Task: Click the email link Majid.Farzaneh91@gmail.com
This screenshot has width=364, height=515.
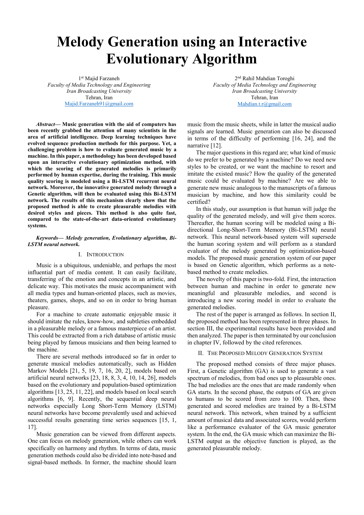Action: (x=99, y=104)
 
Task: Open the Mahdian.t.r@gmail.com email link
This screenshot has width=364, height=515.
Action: (x=264, y=104)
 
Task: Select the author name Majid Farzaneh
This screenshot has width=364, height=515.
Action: (x=102, y=78)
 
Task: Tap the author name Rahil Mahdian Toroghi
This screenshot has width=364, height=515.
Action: (x=268, y=78)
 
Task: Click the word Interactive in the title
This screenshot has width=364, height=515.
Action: (x=272, y=42)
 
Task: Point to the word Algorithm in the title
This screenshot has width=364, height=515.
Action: (x=224, y=58)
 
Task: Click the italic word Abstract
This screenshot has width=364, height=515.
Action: (x=45, y=124)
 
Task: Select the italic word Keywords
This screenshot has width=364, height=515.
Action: (x=47, y=238)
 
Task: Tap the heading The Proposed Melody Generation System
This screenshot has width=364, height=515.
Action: (x=265, y=353)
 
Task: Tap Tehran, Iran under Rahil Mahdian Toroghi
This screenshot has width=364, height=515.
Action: (x=264, y=97)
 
